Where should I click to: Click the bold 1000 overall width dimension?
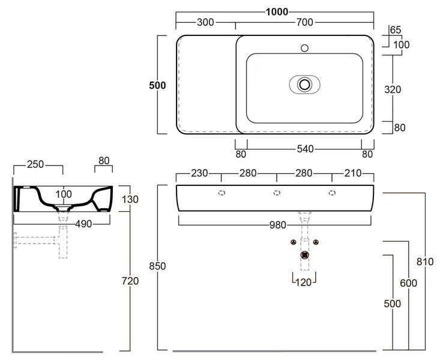[277, 12]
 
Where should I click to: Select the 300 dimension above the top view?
[205, 22]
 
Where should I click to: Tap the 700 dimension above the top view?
[305, 22]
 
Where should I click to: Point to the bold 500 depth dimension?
[157, 85]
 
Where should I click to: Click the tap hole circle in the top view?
[304, 48]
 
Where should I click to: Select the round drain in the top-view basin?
[304, 84]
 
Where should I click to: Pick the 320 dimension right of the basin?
[393, 89]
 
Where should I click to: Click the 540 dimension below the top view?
[305, 149]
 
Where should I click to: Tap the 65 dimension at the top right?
[396, 30]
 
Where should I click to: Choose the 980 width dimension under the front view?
[278, 225]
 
